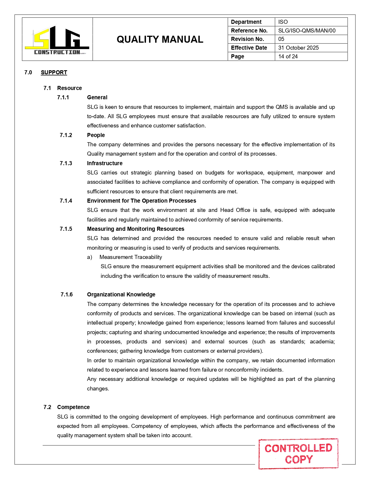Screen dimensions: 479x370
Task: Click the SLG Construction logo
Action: (x=57, y=40)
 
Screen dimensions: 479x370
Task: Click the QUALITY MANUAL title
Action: (x=160, y=39)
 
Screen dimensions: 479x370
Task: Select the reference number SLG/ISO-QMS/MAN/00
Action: (x=306, y=30)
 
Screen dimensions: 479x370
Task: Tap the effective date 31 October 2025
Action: (x=298, y=48)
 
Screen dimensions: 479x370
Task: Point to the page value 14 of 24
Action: (x=288, y=56)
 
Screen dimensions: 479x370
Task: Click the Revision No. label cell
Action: (x=248, y=39)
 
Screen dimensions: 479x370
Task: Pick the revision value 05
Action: (x=281, y=39)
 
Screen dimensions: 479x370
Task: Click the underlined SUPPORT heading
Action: (x=54, y=72)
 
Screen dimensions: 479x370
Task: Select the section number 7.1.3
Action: (x=66, y=163)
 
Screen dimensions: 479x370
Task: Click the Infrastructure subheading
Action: (x=105, y=163)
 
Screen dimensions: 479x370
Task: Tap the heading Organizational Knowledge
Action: (x=121, y=294)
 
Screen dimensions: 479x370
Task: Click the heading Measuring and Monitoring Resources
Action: (x=136, y=229)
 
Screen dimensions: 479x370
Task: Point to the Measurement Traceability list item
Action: (x=131, y=257)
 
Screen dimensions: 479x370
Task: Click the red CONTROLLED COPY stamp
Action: (x=298, y=453)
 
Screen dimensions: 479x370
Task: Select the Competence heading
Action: (x=73, y=407)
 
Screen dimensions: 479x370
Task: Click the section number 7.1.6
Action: (x=66, y=294)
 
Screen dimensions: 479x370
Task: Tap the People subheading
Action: (x=96, y=135)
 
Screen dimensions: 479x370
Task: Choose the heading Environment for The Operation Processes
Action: (x=141, y=201)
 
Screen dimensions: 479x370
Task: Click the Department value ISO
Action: (x=283, y=22)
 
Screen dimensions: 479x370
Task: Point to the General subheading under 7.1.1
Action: (x=97, y=97)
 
